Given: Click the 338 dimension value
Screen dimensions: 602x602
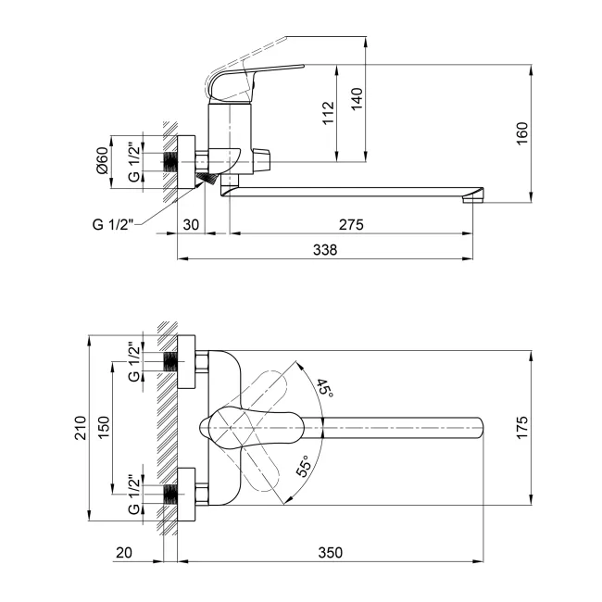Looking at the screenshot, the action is coord(325,250).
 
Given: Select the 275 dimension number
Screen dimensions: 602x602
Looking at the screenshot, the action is coord(351,225).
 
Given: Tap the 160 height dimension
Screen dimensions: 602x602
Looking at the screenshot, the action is coord(522,133).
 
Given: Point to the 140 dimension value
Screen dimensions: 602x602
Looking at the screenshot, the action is coord(357,99).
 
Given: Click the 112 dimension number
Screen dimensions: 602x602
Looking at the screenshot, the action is coord(329,113).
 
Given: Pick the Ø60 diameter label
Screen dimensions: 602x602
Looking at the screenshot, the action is coord(103,160).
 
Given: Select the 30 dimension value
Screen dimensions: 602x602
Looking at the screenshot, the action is coord(191,225).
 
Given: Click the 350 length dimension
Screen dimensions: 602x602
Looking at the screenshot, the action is coord(331,553).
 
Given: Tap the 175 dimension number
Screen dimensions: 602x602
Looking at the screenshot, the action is coord(522,427).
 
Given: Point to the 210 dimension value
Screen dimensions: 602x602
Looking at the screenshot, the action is coord(81,427).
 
